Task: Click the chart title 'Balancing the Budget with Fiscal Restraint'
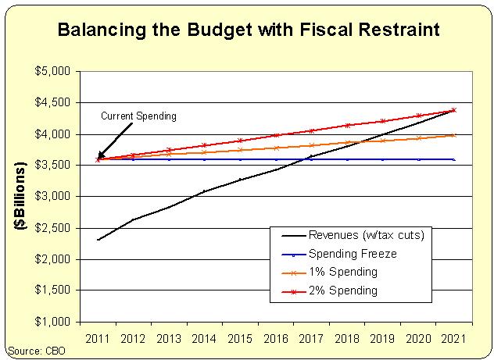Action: coord(247,31)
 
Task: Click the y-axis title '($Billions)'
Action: coord(19,196)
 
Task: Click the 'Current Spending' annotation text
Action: coord(140,116)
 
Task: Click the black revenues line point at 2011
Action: coord(98,240)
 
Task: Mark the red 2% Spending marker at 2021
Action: coord(453,110)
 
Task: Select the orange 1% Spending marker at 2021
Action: coord(453,135)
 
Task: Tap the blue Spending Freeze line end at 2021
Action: coord(453,159)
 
